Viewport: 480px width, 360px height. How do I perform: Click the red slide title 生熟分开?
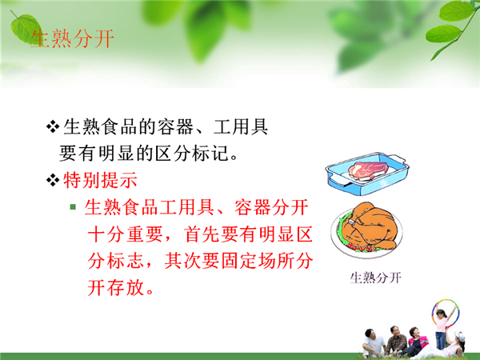tap(72, 38)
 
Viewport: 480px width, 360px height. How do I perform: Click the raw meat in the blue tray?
tap(368, 170)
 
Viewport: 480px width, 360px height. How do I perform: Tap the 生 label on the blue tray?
tap(384, 183)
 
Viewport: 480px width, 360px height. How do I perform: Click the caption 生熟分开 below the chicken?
tap(375, 278)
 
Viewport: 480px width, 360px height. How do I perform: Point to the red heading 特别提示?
tap(101, 180)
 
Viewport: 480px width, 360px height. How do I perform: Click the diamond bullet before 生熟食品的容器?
tap(52, 126)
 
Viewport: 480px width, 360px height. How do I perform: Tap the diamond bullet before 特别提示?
tap(52, 180)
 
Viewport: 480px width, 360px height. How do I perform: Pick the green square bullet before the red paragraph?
tap(73, 207)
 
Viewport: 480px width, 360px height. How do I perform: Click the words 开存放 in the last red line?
tap(116, 288)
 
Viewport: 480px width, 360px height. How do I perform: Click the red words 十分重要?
tap(125, 234)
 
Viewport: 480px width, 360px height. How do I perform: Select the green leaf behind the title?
tap(26, 30)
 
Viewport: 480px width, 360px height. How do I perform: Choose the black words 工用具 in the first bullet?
tap(241, 126)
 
